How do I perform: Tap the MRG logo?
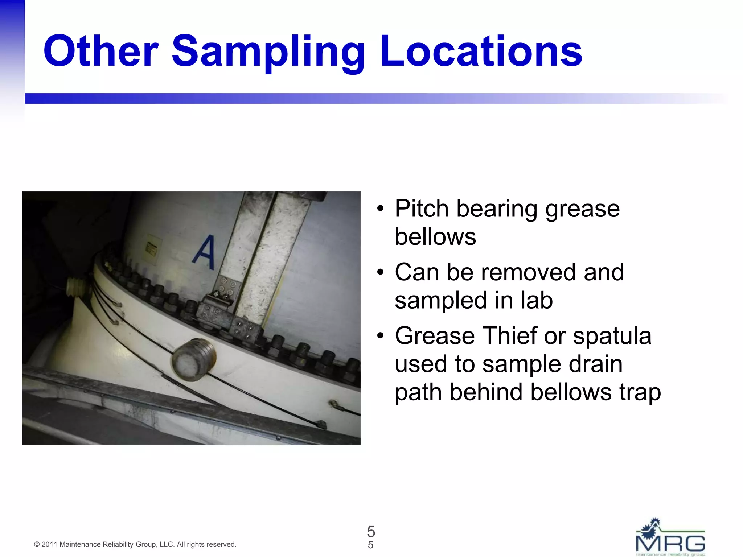pyautogui.click(x=670, y=537)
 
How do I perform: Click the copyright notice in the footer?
pyautogui.click(x=135, y=544)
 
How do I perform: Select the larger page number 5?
pyautogui.click(x=371, y=532)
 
